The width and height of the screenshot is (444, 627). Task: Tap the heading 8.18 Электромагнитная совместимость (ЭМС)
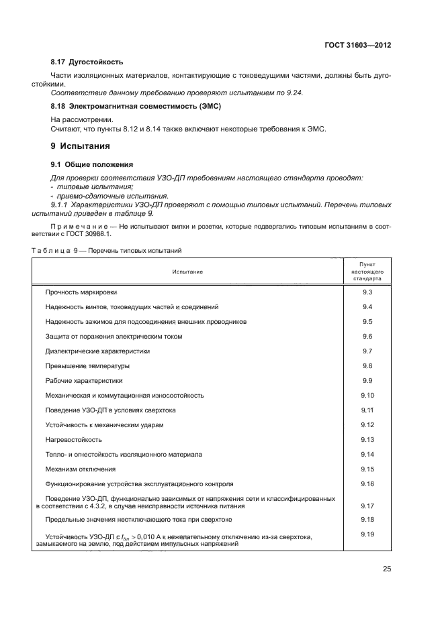136,107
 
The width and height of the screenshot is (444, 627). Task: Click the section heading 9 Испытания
81,146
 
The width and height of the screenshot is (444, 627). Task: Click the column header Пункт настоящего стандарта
367,271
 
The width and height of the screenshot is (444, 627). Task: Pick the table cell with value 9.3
367,292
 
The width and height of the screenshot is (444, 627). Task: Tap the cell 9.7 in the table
367,351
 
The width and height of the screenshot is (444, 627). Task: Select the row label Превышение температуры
87,365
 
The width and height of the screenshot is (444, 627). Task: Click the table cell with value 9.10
367,395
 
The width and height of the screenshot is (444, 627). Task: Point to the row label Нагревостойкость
74,439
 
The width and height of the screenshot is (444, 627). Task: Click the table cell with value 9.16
367,483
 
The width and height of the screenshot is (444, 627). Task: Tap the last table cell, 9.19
367,534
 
